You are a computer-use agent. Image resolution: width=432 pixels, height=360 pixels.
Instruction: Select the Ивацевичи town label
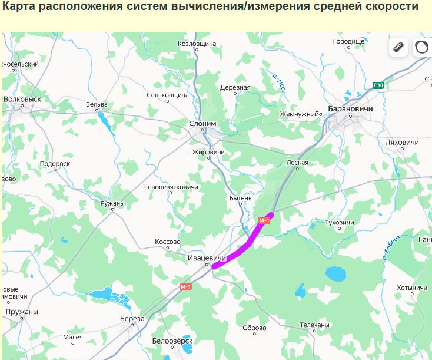[207, 258]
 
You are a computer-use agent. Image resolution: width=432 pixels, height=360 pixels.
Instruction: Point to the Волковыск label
[22, 99]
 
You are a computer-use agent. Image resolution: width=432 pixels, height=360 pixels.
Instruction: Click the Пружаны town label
[22, 312]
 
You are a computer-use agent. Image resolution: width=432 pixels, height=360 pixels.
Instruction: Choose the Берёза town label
[132, 319]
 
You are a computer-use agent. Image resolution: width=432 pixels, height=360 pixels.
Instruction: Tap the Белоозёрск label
[172, 341]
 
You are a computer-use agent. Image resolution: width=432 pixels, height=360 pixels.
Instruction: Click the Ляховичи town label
[401, 143]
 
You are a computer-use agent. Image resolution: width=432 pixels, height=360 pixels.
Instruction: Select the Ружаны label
[112, 203]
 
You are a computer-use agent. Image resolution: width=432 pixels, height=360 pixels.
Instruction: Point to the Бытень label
[240, 198]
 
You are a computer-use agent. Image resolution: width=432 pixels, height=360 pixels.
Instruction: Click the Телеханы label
[314, 325]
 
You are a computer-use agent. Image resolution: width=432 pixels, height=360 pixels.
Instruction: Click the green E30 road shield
[378, 85]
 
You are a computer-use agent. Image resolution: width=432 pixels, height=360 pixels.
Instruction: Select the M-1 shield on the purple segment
[264, 220]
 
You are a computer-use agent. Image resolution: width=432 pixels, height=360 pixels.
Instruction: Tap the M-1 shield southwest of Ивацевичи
[186, 286]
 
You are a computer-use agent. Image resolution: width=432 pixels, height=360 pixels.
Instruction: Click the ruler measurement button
[398, 47]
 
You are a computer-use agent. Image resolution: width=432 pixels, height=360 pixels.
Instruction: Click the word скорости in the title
[391, 7]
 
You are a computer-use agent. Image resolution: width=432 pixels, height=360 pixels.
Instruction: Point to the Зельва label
[97, 105]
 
